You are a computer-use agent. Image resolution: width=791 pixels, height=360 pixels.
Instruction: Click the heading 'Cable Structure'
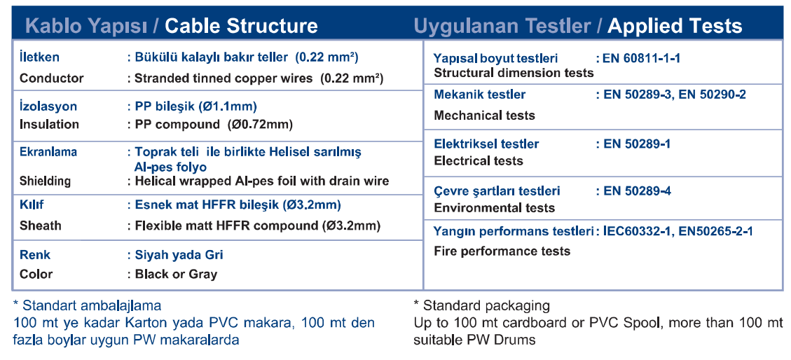pyautogui.click(x=241, y=26)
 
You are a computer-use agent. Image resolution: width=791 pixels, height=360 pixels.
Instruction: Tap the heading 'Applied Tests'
pyautogui.click(x=675, y=26)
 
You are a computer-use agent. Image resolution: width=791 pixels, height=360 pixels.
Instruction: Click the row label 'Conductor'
pyautogui.click(x=51, y=78)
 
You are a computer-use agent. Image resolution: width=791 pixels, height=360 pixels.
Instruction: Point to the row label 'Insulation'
pyautogui.click(x=49, y=125)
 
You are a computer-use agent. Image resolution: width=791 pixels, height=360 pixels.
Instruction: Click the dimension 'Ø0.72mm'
pyautogui.click(x=261, y=125)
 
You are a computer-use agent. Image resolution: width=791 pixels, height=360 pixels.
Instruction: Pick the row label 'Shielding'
pyautogui.click(x=45, y=181)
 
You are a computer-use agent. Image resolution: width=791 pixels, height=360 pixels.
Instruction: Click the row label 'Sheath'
pyautogui.click(x=40, y=226)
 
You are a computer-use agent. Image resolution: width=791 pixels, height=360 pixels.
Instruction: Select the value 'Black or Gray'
pyautogui.click(x=176, y=275)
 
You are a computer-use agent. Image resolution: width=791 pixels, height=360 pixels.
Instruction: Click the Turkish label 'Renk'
pyautogui.click(x=35, y=255)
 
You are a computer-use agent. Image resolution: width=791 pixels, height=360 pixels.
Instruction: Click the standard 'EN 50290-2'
pyautogui.click(x=712, y=95)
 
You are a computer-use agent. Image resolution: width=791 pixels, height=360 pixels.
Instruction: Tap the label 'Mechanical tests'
pyautogui.click(x=484, y=116)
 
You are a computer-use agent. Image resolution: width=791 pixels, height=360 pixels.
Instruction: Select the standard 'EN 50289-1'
pyautogui.click(x=637, y=144)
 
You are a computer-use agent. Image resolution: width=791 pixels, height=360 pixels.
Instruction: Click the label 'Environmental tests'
pyautogui.click(x=495, y=208)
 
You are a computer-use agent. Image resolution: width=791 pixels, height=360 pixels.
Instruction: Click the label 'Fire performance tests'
pyautogui.click(x=502, y=251)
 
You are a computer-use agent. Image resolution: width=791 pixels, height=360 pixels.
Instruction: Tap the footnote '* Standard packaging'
pyautogui.click(x=481, y=306)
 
